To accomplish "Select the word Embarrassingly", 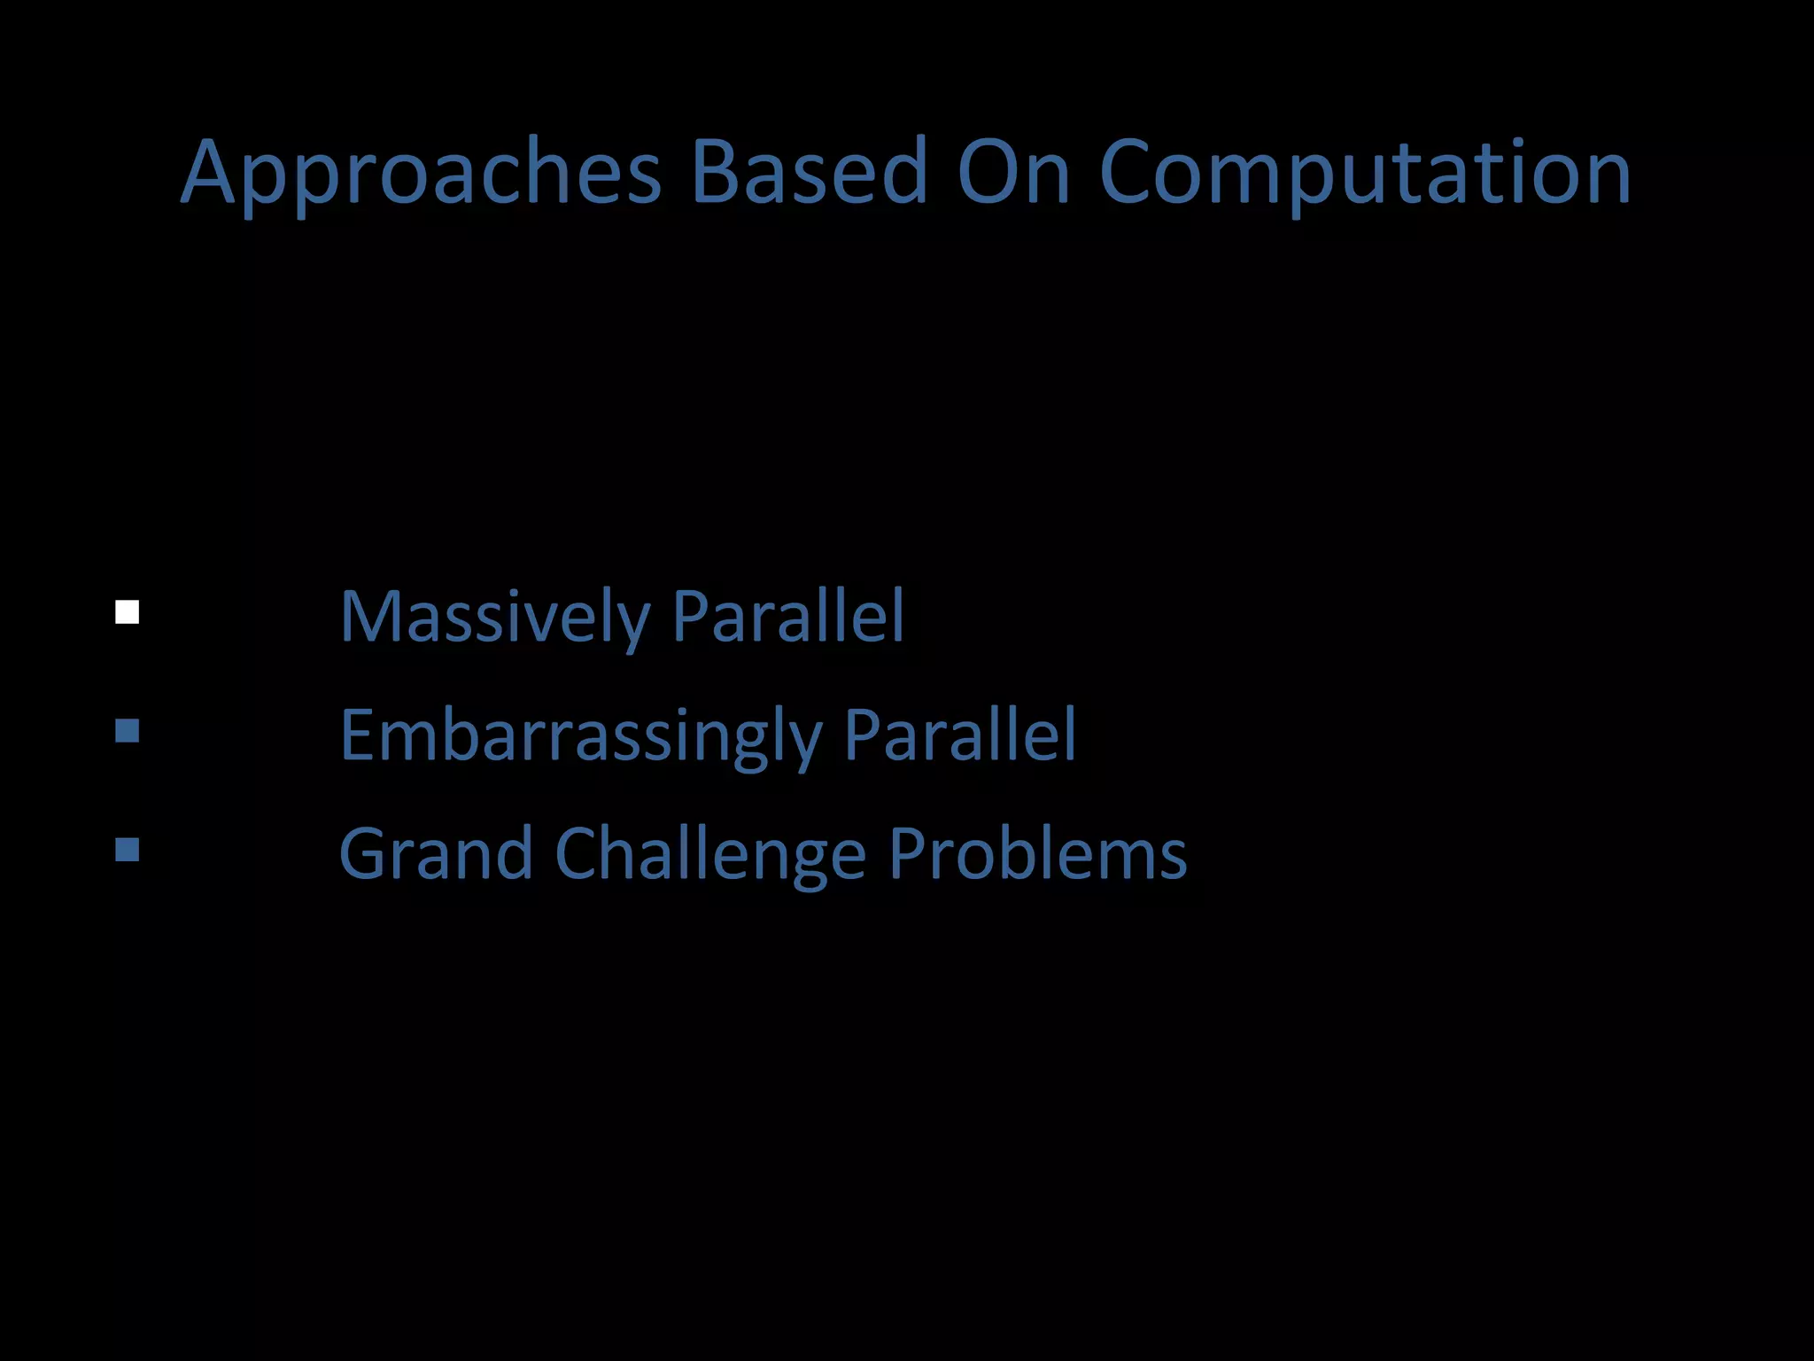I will (580, 736).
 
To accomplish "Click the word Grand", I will (436, 853).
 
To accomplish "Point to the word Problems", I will (1037, 853).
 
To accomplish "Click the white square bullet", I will (128, 612).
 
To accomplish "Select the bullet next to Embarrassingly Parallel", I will (128, 731).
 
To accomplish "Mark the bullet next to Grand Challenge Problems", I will (128, 850).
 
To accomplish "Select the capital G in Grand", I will (365, 853).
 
